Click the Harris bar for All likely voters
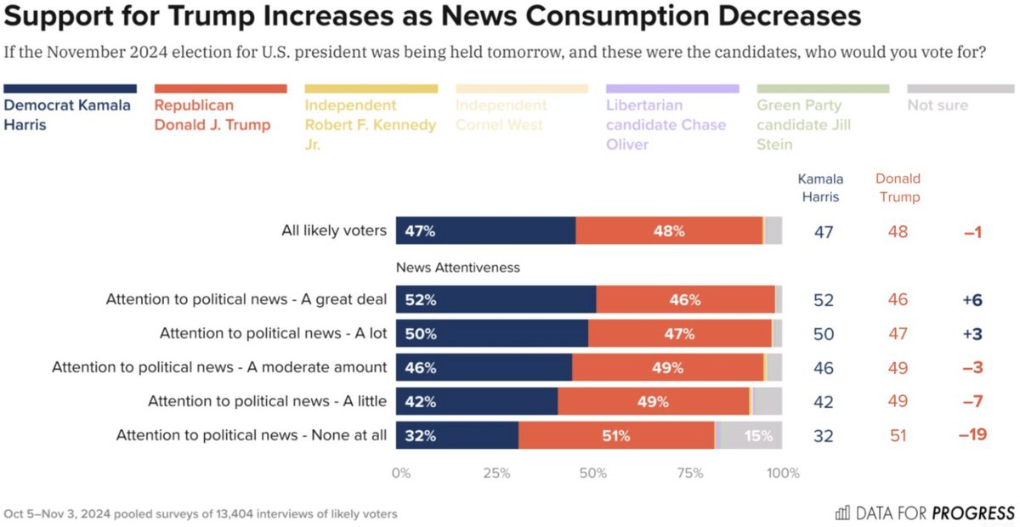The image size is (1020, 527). point(485,230)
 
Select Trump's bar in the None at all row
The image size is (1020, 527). point(616,435)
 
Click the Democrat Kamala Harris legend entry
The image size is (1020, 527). point(68,115)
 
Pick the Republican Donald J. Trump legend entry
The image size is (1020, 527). point(212,115)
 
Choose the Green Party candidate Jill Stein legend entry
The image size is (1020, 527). point(804,124)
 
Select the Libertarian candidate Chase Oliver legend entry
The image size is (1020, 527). point(666,124)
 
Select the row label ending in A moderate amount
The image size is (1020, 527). point(219,367)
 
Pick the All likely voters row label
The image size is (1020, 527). point(334,230)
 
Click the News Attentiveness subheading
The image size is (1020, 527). point(458,267)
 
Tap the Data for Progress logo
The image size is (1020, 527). point(925,513)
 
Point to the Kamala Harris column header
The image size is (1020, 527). point(820,187)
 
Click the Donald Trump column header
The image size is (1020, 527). point(898,187)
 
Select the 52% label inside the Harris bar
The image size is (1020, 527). point(421,299)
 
